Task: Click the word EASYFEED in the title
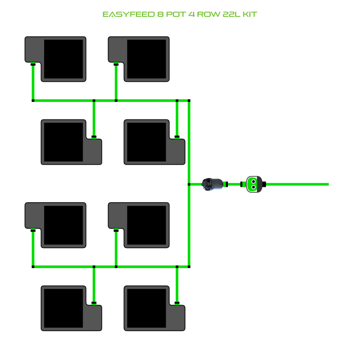click(x=126, y=14)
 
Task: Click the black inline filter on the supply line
click(x=213, y=184)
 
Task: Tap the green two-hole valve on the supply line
click(x=253, y=184)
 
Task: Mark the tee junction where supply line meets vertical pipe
click(x=189, y=184)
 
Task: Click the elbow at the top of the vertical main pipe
click(x=189, y=101)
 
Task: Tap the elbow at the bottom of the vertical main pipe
click(x=189, y=266)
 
